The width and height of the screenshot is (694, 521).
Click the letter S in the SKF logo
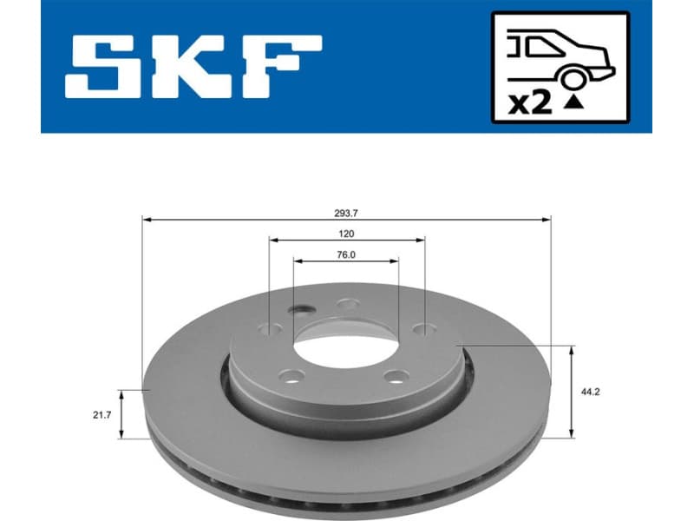click(x=106, y=67)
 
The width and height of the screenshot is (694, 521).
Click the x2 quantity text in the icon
click(x=529, y=103)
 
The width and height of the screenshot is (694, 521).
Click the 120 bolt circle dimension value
click(x=347, y=233)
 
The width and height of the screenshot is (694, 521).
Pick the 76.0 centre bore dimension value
click(x=347, y=254)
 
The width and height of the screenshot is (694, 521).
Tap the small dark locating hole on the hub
click(x=302, y=310)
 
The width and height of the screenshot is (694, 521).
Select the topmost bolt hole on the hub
click(x=349, y=304)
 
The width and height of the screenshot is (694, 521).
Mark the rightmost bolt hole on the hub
click(x=423, y=329)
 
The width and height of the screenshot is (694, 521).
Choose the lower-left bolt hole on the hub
click(x=293, y=376)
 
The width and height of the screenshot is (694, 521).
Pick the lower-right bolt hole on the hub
click(x=396, y=376)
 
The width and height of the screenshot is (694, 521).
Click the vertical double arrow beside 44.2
click(x=571, y=392)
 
